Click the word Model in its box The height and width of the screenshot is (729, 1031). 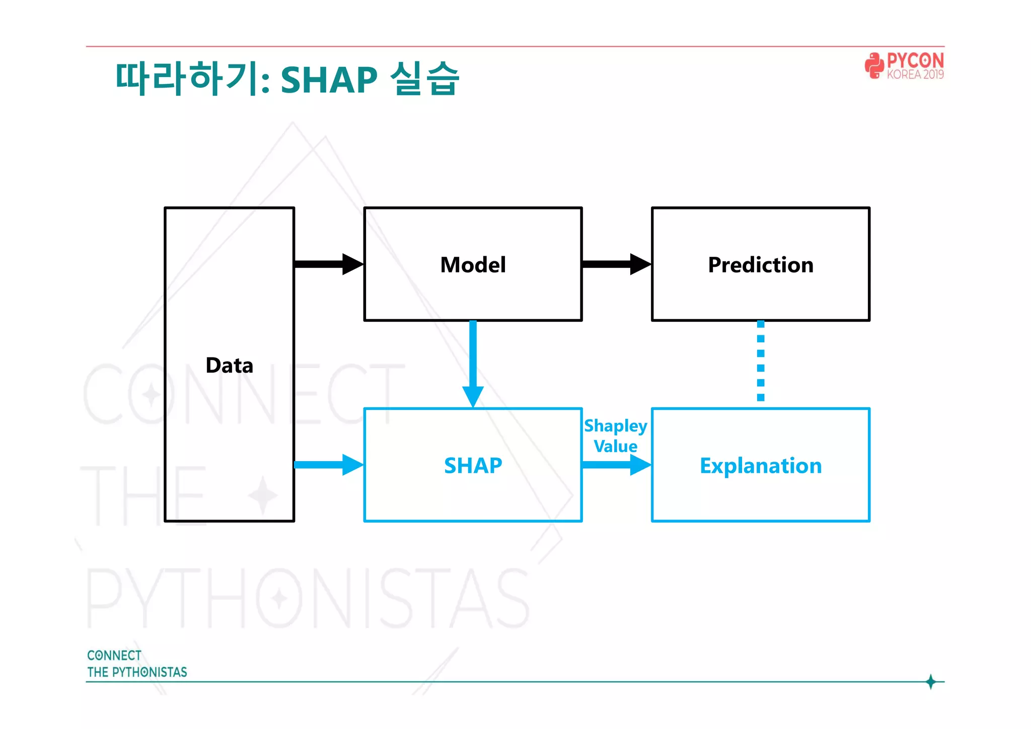tap(473, 265)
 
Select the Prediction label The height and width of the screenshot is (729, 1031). tap(760, 265)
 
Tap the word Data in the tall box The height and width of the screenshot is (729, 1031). tap(229, 365)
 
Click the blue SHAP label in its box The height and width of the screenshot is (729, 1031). tap(473, 465)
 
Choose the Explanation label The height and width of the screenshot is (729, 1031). tap(760, 466)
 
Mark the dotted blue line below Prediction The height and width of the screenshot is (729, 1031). tap(761, 361)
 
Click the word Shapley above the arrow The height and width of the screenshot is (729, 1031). tap(615, 426)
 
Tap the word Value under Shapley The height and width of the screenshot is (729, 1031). tap(615, 446)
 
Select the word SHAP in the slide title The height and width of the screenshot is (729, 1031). tap(329, 80)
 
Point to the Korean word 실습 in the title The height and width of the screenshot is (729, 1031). tap(424, 79)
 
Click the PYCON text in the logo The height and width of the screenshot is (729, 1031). tap(915, 61)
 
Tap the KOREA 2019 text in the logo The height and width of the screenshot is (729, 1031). tap(915, 75)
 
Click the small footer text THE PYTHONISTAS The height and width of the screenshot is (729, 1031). tap(137, 672)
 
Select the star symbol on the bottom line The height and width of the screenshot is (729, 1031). tap(930, 682)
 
